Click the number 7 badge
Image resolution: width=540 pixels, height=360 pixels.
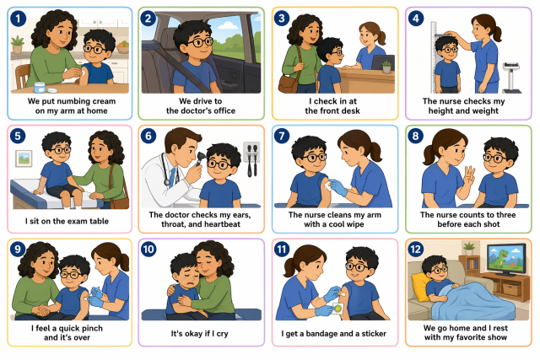tap(282, 136)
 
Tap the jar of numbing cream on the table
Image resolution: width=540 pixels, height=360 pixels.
tap(40, 88)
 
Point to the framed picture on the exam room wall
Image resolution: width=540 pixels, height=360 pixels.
tap(24, 159)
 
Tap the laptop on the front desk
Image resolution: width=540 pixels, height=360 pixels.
tap(383, 62)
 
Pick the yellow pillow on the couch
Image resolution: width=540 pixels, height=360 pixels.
tap(420, 287)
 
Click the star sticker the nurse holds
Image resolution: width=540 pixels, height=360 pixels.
tap(337, 309)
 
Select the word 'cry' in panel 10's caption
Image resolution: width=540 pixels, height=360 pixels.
tap(222, 334)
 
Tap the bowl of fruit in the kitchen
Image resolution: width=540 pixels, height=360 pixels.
tap(122, 47)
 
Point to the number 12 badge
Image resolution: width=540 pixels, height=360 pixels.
tap(416, 249)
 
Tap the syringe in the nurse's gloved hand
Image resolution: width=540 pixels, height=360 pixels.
tap(93, 292)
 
